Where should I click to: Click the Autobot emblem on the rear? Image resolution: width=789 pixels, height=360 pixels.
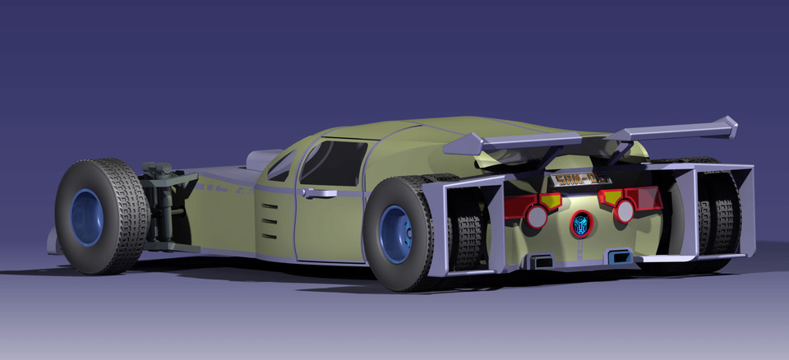(x=582, y=224)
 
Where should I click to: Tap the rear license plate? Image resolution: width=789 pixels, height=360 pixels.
(x=581, y=178)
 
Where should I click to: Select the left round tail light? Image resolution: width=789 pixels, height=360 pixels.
(x=537, y=215)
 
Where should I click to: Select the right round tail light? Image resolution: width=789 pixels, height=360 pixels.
(x=625, y=211)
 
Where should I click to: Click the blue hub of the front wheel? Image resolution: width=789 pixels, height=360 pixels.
(x=86, y=217)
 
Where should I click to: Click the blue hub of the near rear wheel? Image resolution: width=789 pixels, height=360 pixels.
(x=396, y=234)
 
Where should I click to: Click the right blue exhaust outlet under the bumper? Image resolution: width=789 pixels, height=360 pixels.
(x=620, y=257)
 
